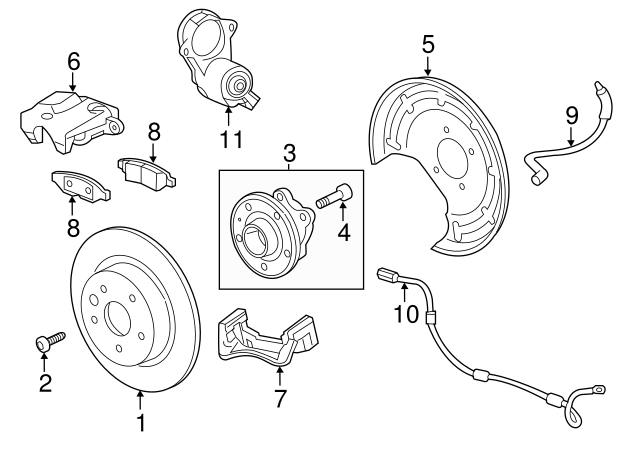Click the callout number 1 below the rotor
pos(141,424)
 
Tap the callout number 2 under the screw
pos(45,383)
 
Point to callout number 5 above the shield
pos(428,43)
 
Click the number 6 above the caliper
pos(73,61)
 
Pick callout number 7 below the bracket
pos(280,399)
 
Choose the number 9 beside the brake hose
pos(571,115)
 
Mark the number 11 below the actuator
pos(231,139)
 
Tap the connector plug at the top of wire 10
pos(388,275)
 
